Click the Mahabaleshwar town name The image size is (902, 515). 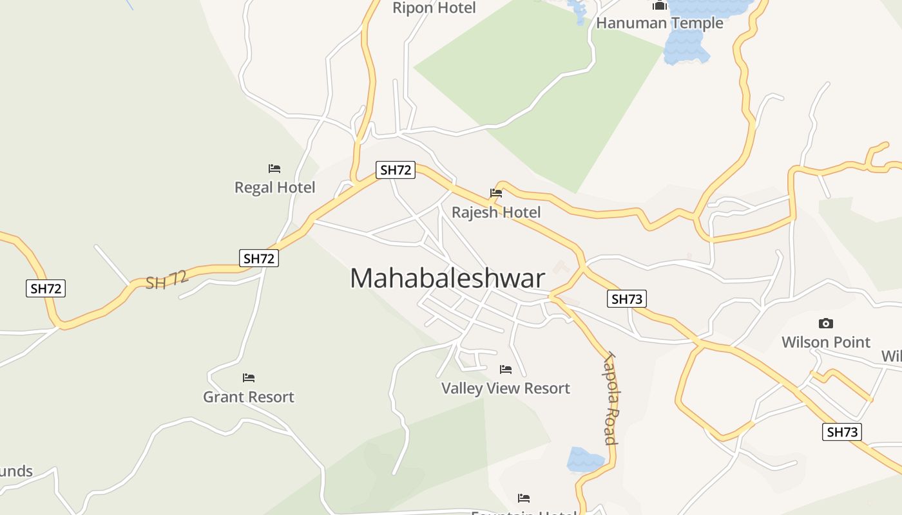(448, 278)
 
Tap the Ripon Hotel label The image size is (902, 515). (434, 8)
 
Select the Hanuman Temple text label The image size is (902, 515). (659, 23)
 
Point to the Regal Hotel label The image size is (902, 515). (274, 187)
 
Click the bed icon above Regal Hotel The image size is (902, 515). (274, 169)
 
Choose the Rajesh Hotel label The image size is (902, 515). (496, 212)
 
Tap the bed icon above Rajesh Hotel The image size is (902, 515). (496, 192)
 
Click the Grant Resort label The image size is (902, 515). (249, 397)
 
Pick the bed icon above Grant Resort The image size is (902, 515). (249, 377)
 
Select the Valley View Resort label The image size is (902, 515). (506, 388)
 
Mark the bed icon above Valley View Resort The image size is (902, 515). (506, 370)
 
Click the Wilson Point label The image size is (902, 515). (825, 342)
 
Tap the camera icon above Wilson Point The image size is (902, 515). (825, 323)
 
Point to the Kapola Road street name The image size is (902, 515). (611, 398)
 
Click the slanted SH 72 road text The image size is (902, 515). (166, 281)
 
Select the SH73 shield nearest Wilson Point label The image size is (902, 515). (842, 432)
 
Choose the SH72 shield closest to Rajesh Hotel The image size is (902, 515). (395, 170)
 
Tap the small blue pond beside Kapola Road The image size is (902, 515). (584, 460)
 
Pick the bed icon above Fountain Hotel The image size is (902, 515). (524, 498)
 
